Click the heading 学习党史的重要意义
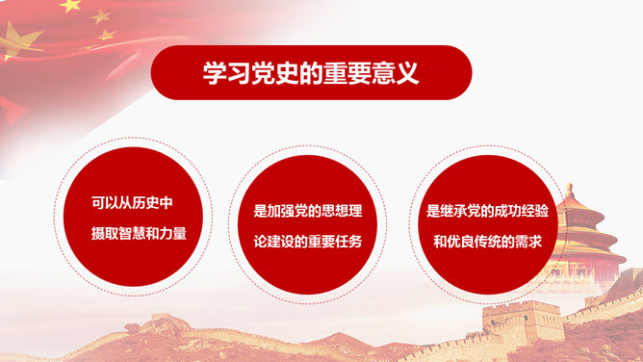coord(311,73)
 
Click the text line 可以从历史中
coord(132,203)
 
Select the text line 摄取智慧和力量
coord(139,233)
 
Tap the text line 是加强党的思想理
coord(308,211)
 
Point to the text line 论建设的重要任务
coord(308,242)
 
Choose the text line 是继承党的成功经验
coord(487,211)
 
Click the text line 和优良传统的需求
coord(488,242)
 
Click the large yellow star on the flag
coord(18,41)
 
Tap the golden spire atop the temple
coord(569,190)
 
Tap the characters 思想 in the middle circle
coord(335,211)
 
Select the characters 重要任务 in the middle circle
coord(335,242)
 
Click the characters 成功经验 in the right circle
coord(521,211)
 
